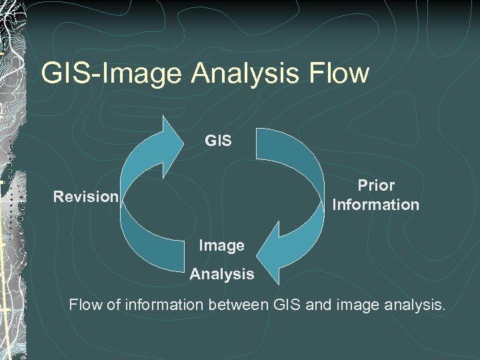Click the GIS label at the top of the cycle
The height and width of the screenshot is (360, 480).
(218, 141)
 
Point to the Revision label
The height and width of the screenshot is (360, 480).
(86, 197)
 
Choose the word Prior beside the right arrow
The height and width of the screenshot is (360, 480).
(376, 185)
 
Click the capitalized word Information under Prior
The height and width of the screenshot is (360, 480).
(376, 205)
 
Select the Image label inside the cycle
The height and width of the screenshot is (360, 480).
(221, 245)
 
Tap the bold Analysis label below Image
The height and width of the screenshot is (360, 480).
(221, 273)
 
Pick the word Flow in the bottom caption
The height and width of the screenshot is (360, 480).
(86, 305)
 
